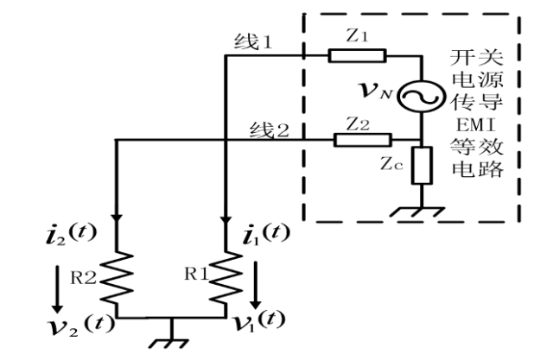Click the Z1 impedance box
(355, 56)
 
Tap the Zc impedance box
(422, 166)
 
